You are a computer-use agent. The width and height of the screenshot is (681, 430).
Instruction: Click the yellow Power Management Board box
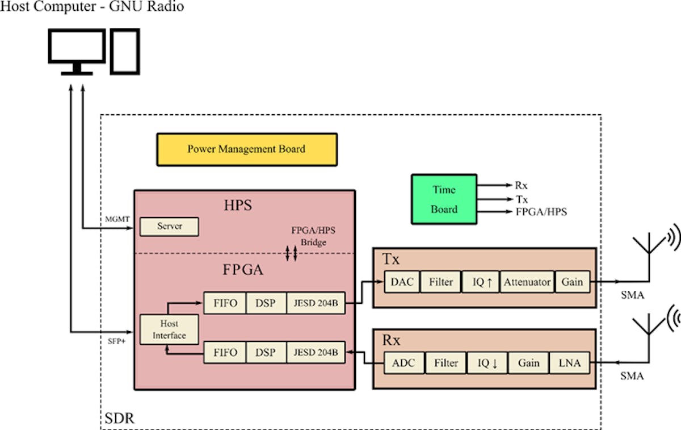pyautogui.click(x=246, y=149)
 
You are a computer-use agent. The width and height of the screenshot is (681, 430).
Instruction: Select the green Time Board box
pyautogui.click(x=444, y=199)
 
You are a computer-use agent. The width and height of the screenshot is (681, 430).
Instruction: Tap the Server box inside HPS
pyautogui.click(x=169, y=227)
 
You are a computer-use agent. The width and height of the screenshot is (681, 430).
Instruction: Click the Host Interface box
pyautogui.click(x=169, y=329)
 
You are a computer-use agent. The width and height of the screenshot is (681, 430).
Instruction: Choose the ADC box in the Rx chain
pyautogui.click(x=404, y=363)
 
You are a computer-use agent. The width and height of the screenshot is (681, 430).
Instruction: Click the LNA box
pyautogui.click(x=569, y=363)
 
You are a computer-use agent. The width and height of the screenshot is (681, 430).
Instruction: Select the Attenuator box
pyautogui.click(x=527, y=282)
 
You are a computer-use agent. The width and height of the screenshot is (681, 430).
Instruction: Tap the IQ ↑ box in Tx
pyautogui.click(x=481, y=282)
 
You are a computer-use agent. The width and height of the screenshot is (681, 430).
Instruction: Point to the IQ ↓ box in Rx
pyautogui.click(x=486, y=363)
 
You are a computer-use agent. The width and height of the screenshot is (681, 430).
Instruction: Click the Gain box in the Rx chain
pyautogui.click(x=528, y=363)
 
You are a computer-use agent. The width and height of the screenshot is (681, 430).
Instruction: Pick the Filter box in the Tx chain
pyautogui.click(x=440, y=282)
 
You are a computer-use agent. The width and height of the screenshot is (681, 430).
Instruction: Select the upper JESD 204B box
pyautogui.click(x=316, y=303)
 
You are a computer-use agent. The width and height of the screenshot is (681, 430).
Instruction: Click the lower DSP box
pyautogui.click(x=266, y=353)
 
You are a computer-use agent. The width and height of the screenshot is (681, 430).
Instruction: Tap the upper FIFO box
pyautogui.click(x=225, y=303)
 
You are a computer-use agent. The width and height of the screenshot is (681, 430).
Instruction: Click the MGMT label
pyautogui.click(x=117, y=219)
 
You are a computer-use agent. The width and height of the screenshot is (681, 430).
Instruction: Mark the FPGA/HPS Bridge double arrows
pyautogui.click(x=291, y=254)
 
